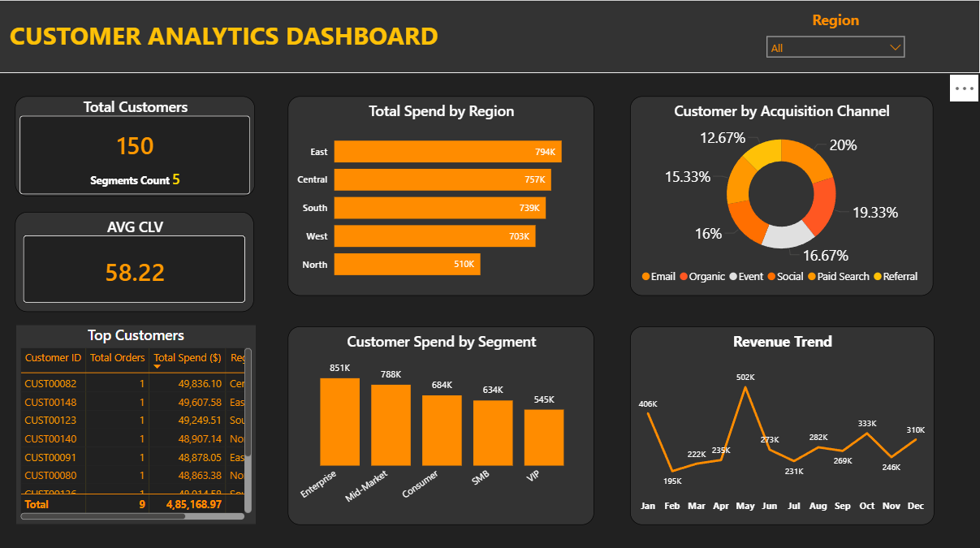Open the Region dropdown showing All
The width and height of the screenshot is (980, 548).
[835, 48]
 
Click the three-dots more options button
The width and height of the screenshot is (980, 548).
[965, 88]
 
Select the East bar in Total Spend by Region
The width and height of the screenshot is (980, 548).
[447, 152]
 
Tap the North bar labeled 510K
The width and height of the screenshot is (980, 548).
[407, 265]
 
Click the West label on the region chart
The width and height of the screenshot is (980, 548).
[317, 236]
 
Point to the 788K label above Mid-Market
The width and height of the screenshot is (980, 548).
[391, 374]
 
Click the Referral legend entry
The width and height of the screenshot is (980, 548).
[900, 277]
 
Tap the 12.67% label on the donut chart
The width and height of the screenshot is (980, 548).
[723, 138]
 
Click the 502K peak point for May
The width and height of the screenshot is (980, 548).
[745, 387]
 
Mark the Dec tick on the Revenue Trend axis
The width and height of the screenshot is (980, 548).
[916, 506]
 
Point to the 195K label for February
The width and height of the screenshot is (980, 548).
[672, 481]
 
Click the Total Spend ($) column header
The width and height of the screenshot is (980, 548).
[187, 358]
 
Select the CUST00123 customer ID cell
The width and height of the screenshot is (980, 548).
[50, 421]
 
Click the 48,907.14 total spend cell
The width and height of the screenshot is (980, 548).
[199, 438]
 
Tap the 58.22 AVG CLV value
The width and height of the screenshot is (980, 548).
[135, 273]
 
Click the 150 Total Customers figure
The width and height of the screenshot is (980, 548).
[135, 146]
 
